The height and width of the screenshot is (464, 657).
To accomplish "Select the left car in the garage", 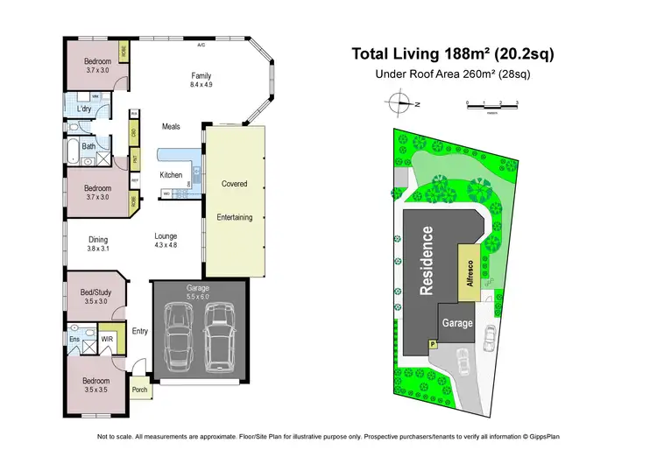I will click(179, 341).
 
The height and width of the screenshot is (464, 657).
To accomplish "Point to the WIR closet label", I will click(108, 338).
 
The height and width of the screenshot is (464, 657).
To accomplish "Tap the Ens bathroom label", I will click(76, 338).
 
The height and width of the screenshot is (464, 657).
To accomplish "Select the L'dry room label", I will click(85, 109).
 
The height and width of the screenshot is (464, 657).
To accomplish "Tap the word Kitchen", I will click(171, 175).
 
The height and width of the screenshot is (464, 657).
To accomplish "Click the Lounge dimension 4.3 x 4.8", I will click(166, 246).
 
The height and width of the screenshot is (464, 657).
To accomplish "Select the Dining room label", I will click(97, 237).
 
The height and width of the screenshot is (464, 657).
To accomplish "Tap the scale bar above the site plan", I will click(492, 105).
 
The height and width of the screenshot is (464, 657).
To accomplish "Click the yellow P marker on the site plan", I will click(431, 345).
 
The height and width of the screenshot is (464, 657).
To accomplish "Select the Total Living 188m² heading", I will click(452, 54).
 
